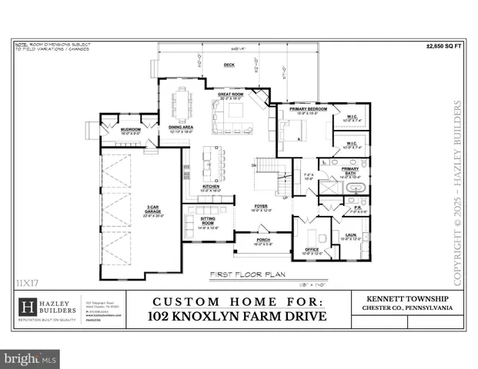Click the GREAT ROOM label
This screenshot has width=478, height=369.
(x=231, y=95)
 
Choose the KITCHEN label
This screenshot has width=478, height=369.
(x=211, y=187)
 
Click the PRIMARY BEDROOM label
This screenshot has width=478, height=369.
(x=308, y=109)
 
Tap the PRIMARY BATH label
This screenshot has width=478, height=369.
(x=349, y=171)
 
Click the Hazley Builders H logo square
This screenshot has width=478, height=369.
(x=28, y=306)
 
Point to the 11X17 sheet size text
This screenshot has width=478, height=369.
(x=26, y=282)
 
